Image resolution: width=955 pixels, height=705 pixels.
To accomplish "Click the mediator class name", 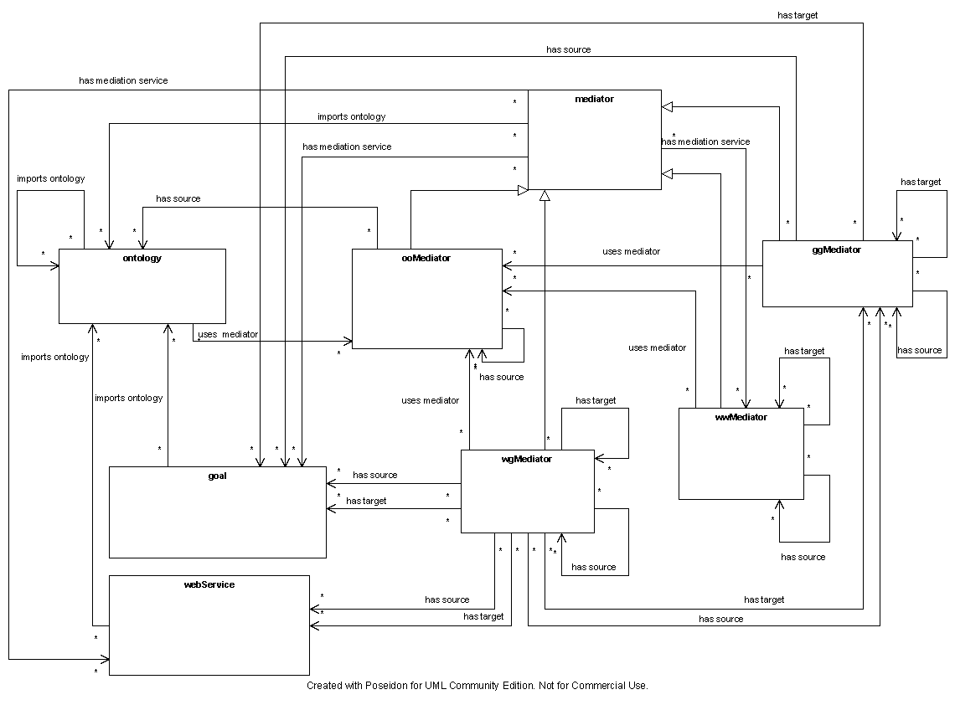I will [594, 99].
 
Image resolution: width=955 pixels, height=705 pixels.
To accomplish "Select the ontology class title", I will [142, 258].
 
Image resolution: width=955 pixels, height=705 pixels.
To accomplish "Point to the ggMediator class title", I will [837, 250].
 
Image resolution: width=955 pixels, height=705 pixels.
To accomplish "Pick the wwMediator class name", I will [742, 417].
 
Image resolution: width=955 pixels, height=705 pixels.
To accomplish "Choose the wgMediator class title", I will [527, 459].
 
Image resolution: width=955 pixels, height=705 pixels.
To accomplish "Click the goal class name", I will [217, 476].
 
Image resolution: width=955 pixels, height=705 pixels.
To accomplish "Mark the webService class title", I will [209, 584].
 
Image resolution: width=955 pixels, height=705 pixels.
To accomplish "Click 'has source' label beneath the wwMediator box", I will [803, 557].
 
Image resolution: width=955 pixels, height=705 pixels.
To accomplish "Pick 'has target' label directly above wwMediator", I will [804, 351].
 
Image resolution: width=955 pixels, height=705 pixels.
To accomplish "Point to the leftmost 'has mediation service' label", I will [123, 80].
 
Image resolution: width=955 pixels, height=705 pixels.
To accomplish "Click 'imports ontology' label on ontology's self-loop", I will [51, 179].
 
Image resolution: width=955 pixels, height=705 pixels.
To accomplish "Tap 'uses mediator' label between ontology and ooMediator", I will [228, 334].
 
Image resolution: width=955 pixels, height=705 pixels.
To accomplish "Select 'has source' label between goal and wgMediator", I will [375, 475].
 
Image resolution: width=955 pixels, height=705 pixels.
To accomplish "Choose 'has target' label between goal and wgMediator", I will [366, 501].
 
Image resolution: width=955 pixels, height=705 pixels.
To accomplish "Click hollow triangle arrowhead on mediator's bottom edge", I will [545, 195].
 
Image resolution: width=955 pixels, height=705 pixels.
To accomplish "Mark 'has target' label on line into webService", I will [483, 616].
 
